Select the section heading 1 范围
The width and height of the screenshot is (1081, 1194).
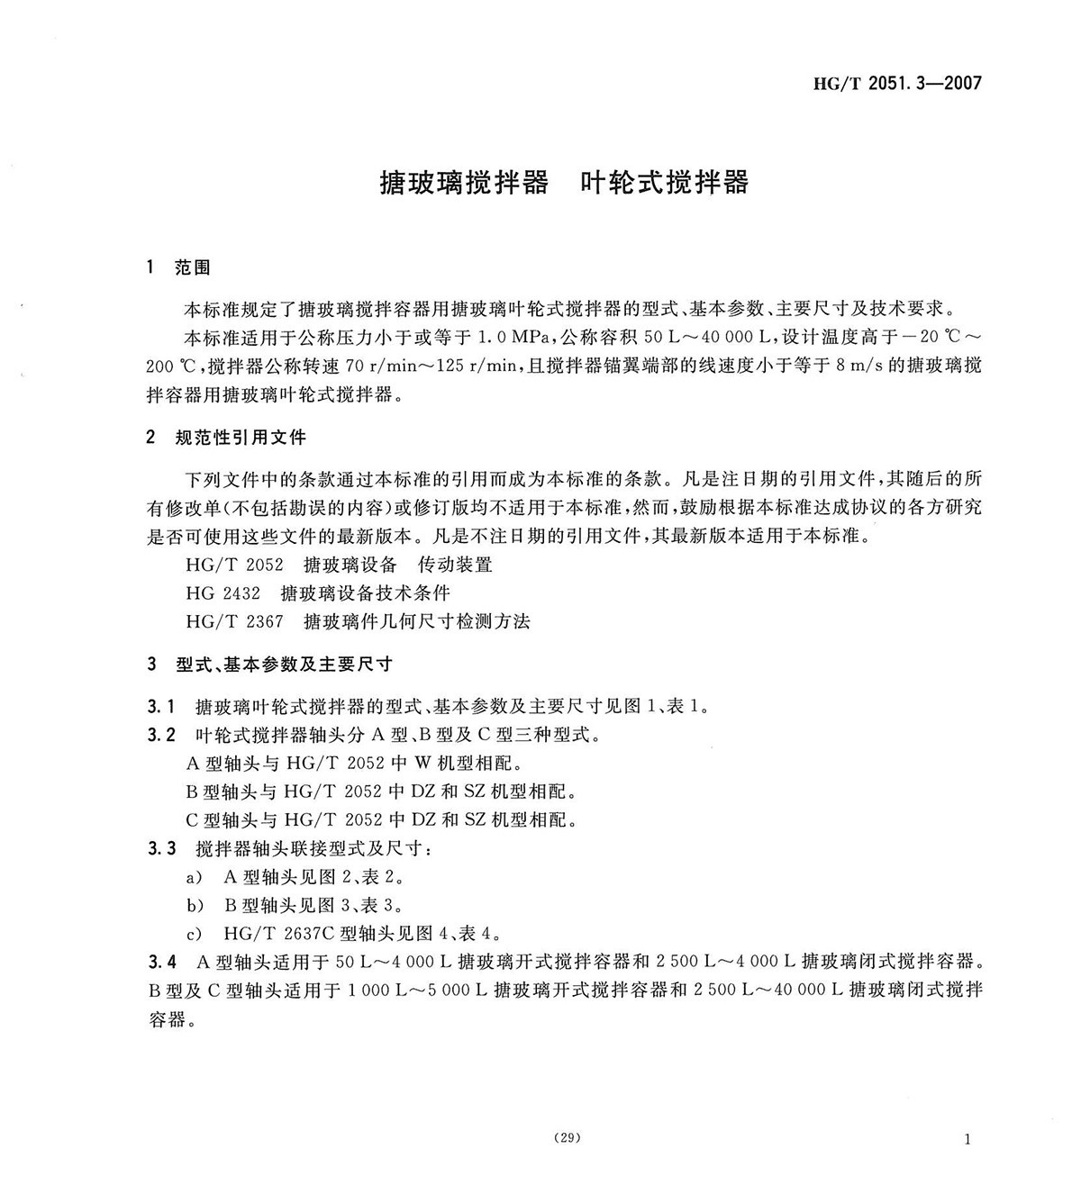point(177,267)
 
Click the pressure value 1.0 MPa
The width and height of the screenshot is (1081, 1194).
point(513,338)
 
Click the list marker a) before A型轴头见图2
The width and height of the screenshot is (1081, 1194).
point(192,877)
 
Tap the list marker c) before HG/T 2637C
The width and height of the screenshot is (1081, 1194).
point(192,933)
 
